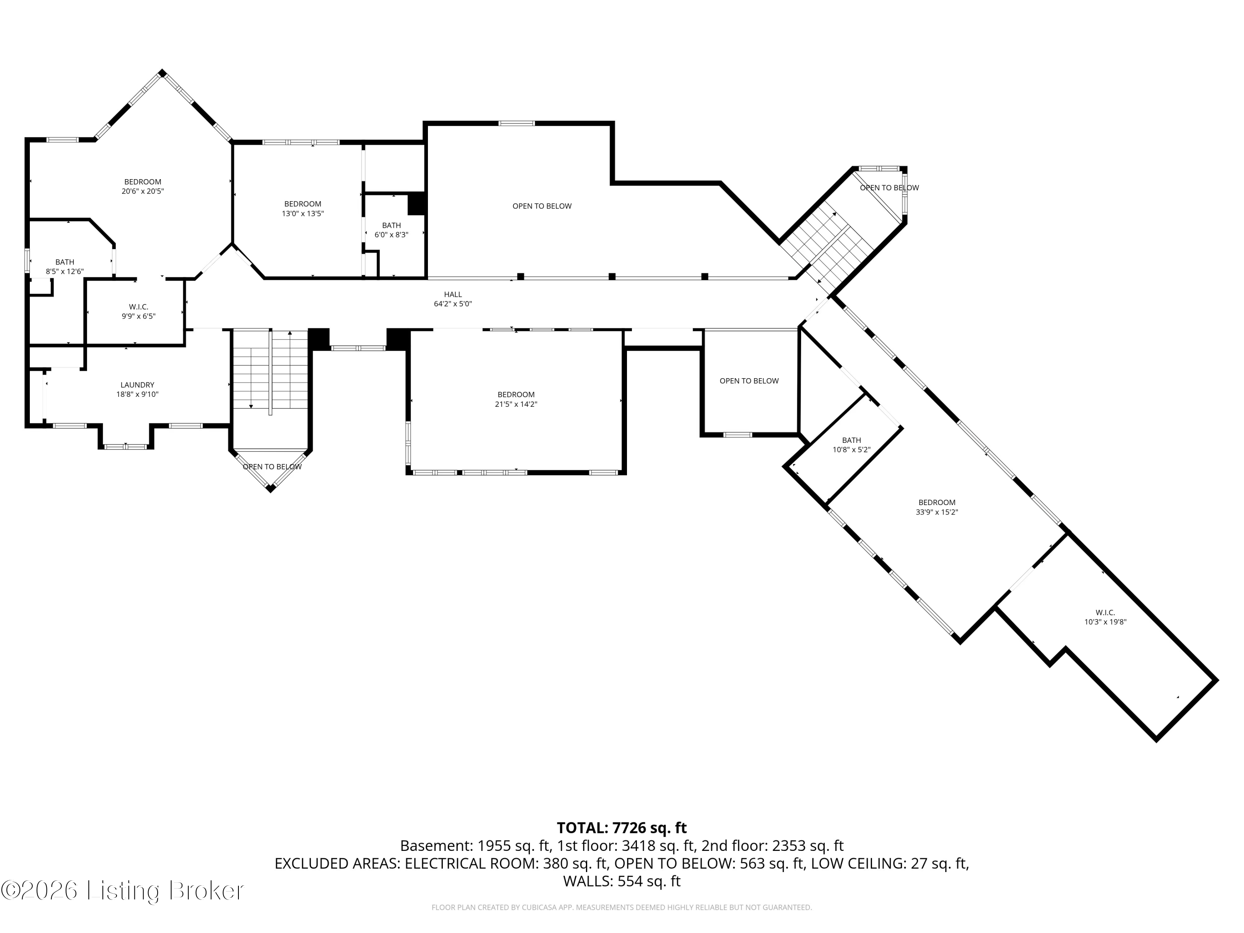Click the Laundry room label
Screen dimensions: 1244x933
click(x=137, y=390)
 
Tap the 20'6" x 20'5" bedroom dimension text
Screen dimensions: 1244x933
click(x=143, y=191)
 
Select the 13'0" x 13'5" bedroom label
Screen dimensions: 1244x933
click(x=303, y=209)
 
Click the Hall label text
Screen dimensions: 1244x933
click(x=453, y=294)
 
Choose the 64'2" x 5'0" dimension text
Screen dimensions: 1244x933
click(x=453, y=304)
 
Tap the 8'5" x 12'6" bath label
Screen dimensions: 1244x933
click(x=65, y=267)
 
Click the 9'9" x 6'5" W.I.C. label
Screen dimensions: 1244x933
click(x=138, y=311)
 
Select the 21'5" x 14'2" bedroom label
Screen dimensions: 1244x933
click(x=516, y=399)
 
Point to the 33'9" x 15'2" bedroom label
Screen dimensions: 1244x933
click(x=937, y=507)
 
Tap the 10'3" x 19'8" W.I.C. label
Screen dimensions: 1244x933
click(x=1105, y=617)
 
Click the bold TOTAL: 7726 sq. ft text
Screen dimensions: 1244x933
click(x=622, y=828)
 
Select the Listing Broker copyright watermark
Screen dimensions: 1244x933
click(x=123, y=890)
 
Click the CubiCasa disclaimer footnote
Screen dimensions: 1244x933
click(x=622, y=907)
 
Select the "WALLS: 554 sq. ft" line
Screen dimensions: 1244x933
click(x=622, y=881)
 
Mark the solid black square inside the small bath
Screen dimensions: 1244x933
click(x=416, y=204)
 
